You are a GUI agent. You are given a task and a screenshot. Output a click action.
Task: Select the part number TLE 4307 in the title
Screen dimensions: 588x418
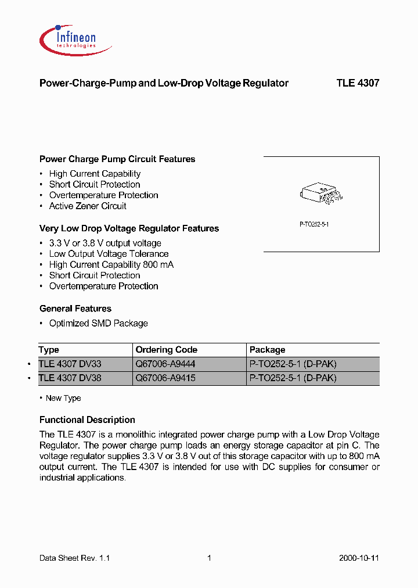point(358,83)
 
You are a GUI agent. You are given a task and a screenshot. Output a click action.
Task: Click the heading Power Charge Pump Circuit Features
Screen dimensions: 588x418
point(117,159)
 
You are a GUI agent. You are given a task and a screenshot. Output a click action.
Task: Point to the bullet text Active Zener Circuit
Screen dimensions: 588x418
point(88,206)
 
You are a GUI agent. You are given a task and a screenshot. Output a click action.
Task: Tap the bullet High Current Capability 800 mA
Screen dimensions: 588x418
point(111,265)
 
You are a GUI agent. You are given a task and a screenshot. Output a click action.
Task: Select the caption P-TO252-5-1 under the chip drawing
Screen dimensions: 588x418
point(314,224)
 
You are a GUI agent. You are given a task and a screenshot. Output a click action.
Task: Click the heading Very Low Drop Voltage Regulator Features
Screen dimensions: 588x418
point(129,229)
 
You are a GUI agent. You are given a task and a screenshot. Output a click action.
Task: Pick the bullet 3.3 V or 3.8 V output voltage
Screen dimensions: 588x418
point(105,243)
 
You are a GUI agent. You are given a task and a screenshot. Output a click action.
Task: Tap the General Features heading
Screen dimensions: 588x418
point(75,309)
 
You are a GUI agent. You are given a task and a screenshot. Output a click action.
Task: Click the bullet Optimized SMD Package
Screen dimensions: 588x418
point(98,324)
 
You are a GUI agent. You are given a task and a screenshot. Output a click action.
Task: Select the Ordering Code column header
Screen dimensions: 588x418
point(166,350)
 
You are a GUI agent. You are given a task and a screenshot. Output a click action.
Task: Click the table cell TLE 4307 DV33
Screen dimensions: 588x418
point(70,364)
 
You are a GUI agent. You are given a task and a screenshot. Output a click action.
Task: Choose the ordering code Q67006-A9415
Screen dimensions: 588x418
point(165,378)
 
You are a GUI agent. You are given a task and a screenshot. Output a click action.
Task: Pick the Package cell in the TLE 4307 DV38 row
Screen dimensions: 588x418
point(293,378)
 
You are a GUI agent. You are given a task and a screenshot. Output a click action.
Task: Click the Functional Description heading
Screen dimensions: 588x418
point(87,420)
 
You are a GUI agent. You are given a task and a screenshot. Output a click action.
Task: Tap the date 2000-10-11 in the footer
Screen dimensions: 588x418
point(359,558)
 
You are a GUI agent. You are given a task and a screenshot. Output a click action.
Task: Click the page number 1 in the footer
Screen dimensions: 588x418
point(209,558)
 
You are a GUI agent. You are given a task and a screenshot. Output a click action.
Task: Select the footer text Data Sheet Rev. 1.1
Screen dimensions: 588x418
point(74,558)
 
